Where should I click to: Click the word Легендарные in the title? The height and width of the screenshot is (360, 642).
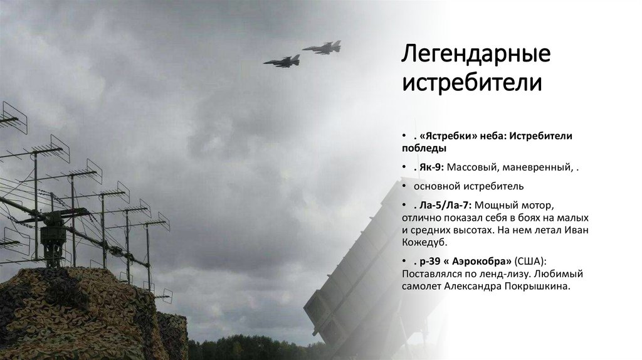click(476, 55)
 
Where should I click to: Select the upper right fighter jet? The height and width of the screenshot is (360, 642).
click(322, 47)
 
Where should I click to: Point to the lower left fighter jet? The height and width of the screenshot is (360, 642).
click(282, 61)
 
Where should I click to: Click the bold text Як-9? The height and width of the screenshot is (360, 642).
click(429, 167)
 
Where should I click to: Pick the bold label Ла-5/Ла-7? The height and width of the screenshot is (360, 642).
click(443, 205)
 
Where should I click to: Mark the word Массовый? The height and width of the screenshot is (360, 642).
click(470, 167)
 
